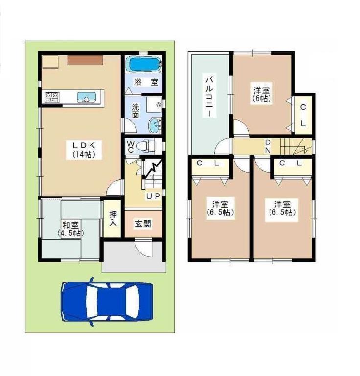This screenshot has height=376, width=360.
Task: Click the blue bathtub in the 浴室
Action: click(x=143, y=65)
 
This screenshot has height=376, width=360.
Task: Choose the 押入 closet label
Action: click(x=113, y=218)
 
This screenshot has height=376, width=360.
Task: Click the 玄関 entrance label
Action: click(x=143, y=224)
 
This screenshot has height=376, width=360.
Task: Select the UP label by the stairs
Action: click(x=151, y=196)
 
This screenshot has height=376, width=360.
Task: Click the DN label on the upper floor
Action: click(x=268, y=146)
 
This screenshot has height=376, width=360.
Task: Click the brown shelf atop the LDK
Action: click(x=85, y=60)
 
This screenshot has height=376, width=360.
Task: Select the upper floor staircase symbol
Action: click(x=295, y=145)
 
